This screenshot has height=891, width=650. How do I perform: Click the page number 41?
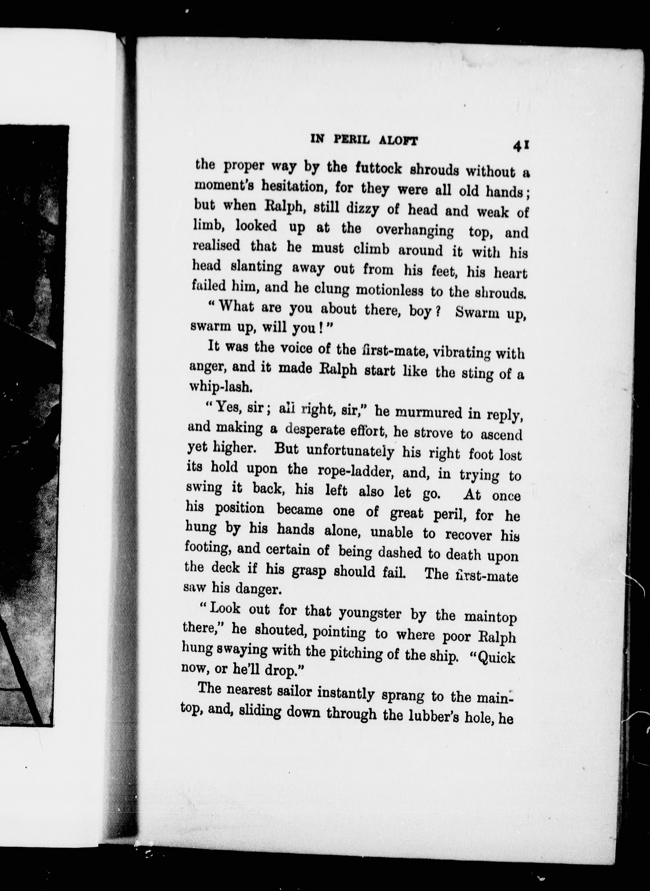pos(522,145)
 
